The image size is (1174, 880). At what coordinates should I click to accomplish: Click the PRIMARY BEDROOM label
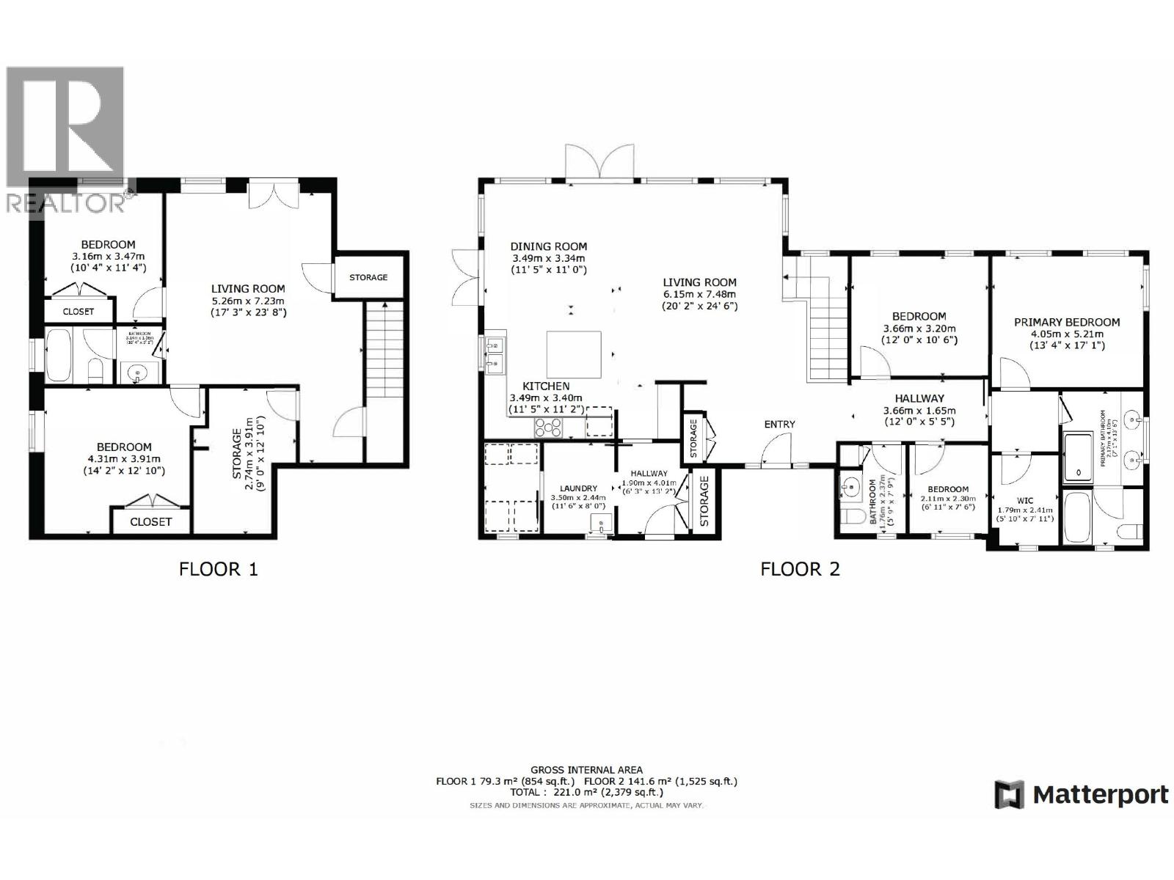click(x=1067, y=322)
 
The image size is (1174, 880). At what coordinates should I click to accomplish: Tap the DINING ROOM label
click(x=549, y=247)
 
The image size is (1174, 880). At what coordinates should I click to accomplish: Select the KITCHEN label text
click(x=546, y=386)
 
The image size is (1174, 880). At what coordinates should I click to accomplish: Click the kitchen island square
click(x=574, y=353)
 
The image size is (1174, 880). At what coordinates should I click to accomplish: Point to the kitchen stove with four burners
click(x=548, y=426)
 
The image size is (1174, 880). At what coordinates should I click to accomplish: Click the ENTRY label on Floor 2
click(x=779, y=424)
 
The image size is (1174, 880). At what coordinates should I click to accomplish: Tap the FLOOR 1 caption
click(x=219, y=568)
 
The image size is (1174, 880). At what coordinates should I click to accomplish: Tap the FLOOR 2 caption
click(x=800, y=568)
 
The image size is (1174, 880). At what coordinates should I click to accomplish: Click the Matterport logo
click(x=1081, y=795)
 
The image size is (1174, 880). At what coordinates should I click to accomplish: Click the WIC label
click(x=1025, y=501)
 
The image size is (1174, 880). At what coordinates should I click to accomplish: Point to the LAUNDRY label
click(x=578, y=488)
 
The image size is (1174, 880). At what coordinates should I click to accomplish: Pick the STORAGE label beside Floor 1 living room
click(x=368, y=277)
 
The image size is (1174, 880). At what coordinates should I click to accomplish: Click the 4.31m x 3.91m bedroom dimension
click(x=124, y=459)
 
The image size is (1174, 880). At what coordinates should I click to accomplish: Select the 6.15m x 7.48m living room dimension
click(x=699, y=294)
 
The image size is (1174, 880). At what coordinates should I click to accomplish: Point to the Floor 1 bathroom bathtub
click(x=59, y=356)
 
